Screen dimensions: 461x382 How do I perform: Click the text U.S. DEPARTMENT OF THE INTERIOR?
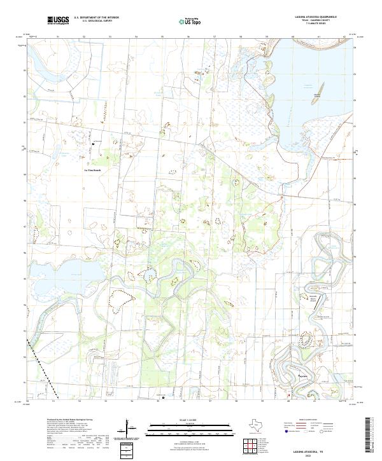tap(96, 18)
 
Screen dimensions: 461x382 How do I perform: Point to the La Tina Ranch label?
tap(93, 170)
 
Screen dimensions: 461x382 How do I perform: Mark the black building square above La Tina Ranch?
tap(93, 144)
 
